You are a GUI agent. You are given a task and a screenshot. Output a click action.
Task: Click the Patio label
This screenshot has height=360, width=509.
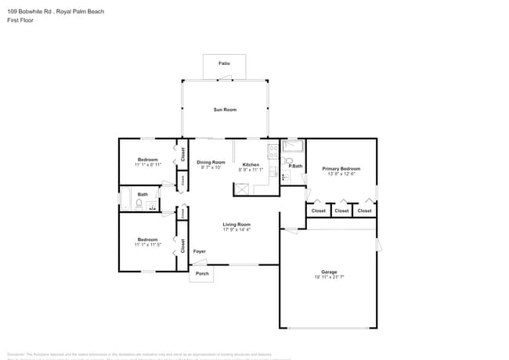(x=224, y=62)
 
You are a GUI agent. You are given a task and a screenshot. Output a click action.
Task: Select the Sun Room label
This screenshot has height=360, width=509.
(x=225, y=110)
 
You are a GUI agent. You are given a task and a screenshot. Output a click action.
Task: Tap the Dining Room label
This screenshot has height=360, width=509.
(x=211, y=162)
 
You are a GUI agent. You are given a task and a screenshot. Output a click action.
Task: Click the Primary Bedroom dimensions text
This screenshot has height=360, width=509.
(x=341, y=174)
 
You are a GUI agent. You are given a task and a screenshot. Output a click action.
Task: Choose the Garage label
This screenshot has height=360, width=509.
(x=329, y=272)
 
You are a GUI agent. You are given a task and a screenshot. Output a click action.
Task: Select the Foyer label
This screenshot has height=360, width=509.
(x=200, y=251)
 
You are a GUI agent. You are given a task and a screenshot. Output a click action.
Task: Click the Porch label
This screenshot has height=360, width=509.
(x=202, y=274)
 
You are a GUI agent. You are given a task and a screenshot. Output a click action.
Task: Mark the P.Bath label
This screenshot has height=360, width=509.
(x=295, y=165)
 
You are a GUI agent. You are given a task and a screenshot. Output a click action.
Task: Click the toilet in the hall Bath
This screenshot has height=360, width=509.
(x=139, y=205)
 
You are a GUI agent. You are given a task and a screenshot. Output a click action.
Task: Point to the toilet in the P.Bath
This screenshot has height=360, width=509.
(x=287, y=161)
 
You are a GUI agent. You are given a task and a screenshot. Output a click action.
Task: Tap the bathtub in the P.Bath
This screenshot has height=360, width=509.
(x=293, y=146)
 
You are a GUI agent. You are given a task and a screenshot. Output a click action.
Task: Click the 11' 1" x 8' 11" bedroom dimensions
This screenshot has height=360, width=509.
(x=148, y=165)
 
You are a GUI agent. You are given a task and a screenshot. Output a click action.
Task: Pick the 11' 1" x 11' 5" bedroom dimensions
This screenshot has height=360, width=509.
(x=148, y=245)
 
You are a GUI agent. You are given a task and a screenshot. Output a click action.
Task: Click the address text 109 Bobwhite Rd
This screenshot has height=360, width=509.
(x=31, y=12)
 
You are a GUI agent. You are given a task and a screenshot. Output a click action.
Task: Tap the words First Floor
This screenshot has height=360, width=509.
(x=19, y=20)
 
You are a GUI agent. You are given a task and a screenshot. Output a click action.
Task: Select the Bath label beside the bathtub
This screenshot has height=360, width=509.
(x=143, y=194)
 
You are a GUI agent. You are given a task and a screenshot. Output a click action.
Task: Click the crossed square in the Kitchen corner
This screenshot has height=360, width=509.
(x=241, y=189)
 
